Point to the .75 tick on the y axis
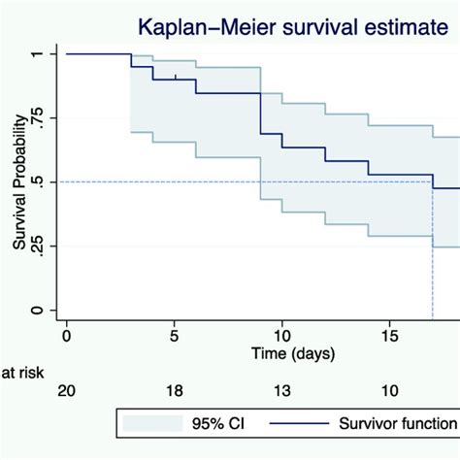[x=36, y=117]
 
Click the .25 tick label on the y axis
[x=36, y=246]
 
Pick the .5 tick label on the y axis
[x=36, y=181]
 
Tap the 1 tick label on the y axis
[x=36, y=53]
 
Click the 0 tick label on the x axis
[x=66, y=335]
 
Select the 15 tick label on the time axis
[x=388, y=335]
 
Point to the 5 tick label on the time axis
[x=174, y=335]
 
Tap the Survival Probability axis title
[x=18, y=182]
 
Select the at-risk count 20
[x=66, y=390]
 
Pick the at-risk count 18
[x=174, y=390]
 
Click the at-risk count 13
[x=281, y=390]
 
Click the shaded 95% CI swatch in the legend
[x=153, y=423]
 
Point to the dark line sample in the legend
[x=302, y=423]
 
